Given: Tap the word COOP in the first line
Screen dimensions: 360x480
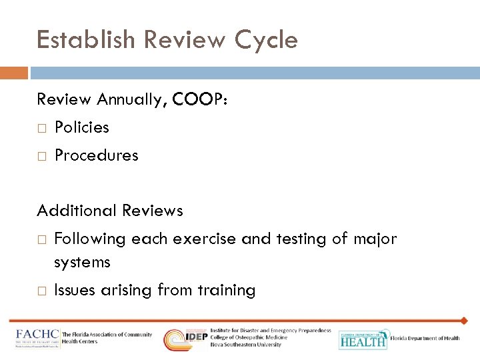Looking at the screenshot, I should tap(197, 100).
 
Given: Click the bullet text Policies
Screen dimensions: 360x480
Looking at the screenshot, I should tap(81, 127).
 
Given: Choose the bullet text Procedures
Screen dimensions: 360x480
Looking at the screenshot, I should tap(96, 155).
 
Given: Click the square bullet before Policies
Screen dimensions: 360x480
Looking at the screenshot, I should tap(41, 128).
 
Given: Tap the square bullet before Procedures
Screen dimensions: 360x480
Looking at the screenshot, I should tap(41, 156).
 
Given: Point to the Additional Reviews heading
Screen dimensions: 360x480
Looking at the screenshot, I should tap(110, 211).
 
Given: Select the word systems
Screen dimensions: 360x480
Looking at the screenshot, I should tap(82, 263).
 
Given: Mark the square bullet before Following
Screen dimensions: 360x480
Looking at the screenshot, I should tap(41, 239).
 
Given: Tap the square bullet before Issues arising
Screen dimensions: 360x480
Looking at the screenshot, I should tap(41, 291).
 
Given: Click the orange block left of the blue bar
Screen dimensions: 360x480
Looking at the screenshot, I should tap(14, 73).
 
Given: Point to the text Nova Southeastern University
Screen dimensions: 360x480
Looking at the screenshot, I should tap(246, 345).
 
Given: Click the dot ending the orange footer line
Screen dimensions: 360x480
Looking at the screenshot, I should tap(464, 321).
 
